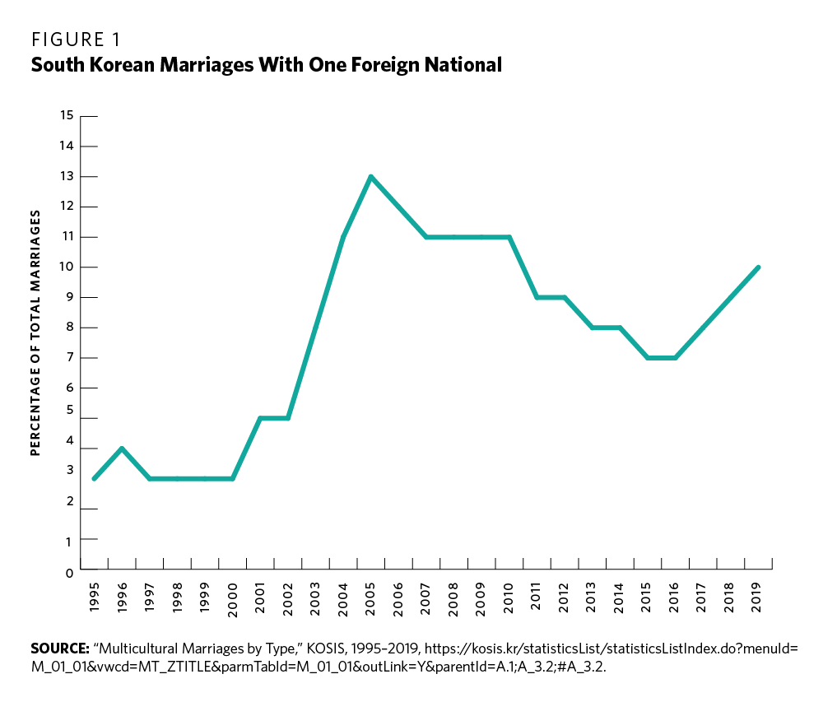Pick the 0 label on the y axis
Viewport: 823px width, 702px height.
[70, 570]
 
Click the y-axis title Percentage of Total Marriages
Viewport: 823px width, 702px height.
[35, 332]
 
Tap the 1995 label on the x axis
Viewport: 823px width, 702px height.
[94, 597]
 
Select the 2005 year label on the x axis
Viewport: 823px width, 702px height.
[371, 597]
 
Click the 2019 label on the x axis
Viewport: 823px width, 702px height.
[758, 597]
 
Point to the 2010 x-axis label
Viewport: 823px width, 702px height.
[509, 597]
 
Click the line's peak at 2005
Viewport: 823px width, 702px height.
[371, 176]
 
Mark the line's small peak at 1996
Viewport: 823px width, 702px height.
[122, 449]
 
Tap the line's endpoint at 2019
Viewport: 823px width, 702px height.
[758, 267]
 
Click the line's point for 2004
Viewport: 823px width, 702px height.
[343, 237]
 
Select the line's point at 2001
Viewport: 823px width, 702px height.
[260, 418]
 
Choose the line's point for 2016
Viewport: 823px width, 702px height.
[675, 358]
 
